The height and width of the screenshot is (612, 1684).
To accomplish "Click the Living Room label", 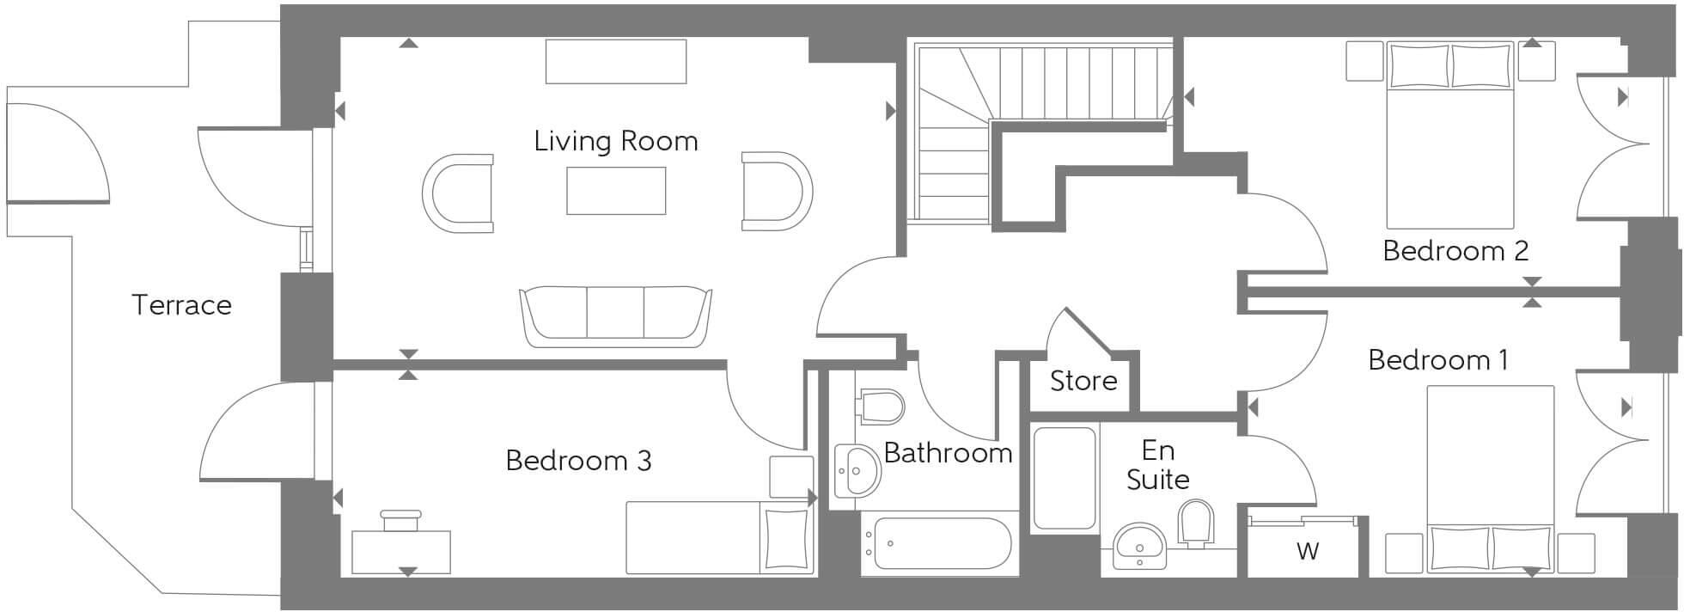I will point(615,141).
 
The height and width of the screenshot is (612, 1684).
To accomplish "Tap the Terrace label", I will point(181,305).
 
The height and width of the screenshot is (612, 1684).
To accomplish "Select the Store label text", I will point(1083,381).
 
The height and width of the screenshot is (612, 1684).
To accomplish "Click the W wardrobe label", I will point(1307,551).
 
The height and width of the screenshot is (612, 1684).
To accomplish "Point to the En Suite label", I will point(1157,465).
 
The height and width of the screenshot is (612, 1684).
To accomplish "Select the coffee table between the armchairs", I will point(615,190).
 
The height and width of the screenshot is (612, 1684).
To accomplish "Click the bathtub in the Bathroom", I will point(938,543).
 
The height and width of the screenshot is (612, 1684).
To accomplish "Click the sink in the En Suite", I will point(1139,545).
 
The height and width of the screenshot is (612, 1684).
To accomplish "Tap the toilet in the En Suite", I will point(1197,523).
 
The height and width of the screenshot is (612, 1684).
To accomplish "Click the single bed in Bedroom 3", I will point(718,538).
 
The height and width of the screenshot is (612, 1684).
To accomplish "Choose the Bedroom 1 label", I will point(1437,359).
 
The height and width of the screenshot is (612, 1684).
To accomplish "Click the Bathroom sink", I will point(857,470).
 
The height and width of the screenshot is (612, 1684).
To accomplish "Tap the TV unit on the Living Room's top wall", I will point(615,61).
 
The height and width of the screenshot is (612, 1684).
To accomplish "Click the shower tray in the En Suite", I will point(1065,478).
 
